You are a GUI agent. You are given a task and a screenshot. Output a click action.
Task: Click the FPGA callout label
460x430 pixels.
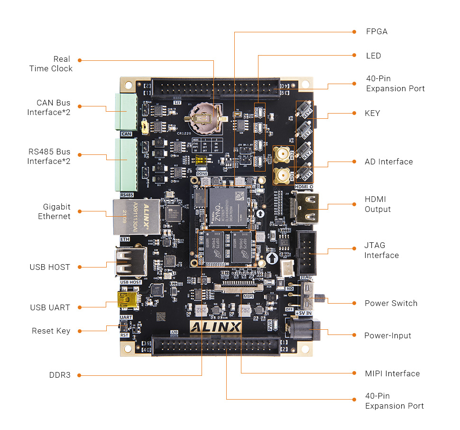[x=377, y=32]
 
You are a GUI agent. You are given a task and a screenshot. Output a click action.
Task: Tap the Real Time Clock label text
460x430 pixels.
[x=51, y=64]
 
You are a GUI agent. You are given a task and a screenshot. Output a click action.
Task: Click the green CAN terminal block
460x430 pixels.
[x=125, y=112]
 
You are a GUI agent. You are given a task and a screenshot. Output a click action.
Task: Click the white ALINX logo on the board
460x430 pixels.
[x=216, y=327]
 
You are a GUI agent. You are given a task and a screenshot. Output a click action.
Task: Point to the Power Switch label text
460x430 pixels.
[x=391, y=303]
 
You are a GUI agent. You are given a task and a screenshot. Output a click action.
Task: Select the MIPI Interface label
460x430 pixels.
[x=392, y=373]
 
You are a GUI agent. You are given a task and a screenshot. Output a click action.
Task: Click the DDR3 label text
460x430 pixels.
[x=60, y=375]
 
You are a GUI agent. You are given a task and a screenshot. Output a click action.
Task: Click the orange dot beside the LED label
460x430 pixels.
[x=354, y=56]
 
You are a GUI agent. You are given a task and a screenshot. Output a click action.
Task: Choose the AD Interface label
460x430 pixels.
[x=388, y=162]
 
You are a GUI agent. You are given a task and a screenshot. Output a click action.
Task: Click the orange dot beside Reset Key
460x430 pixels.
[x=80, y=331]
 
